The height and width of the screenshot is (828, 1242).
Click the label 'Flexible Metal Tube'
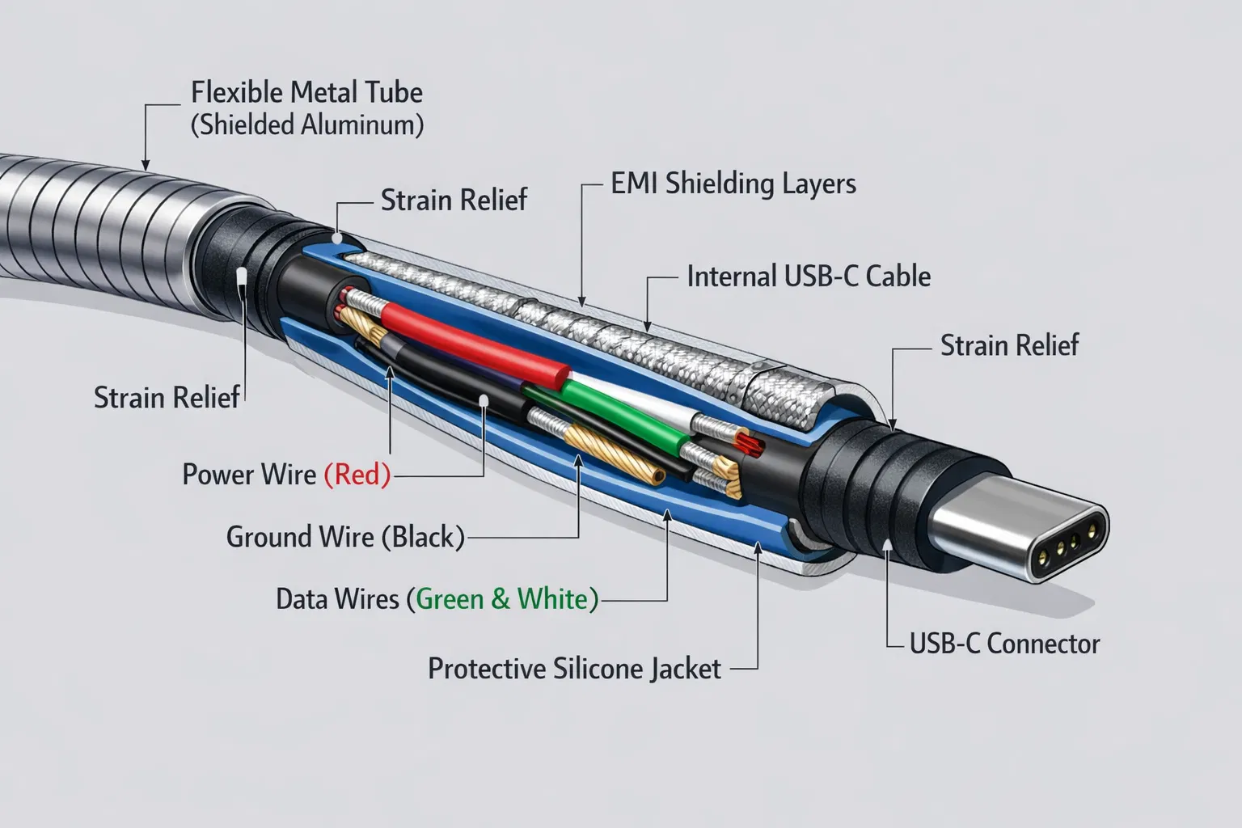pyautogui.click(x=306, y=92)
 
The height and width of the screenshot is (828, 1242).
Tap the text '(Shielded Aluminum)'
pyautogui.click(x=306, y=125)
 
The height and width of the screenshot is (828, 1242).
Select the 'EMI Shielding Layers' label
pyautogui.click(x=733, y=184)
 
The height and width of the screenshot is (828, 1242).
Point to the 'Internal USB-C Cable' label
pyautogui.click(x=809, y=277)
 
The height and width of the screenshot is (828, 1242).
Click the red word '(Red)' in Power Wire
pyautogui.click(x=357, y=475)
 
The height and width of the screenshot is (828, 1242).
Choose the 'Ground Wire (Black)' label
pyautogui.click(x=345, y=537)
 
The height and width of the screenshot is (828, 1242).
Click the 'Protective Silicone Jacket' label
pyautogui.click(x=574, y=669)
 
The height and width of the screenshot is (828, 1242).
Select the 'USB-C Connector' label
pyautogui.click(x=1004, y=644)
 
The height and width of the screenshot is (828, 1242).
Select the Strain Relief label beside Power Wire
pyautogui.click(x=167, y=398)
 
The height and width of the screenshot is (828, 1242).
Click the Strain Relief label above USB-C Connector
pyautogui.click(x=1009, y=345)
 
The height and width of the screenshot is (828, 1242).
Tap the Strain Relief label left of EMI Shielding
pyautogui.click(x=454, y=200)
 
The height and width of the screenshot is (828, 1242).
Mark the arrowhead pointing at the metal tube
pyautogui.click(x=146, y=163)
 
